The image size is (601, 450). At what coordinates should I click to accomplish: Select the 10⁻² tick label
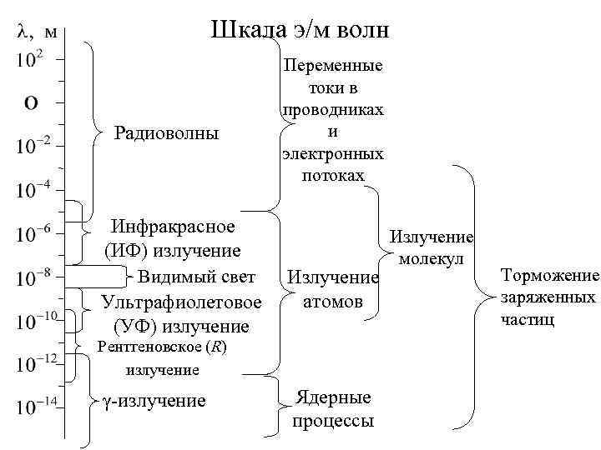point(35,145)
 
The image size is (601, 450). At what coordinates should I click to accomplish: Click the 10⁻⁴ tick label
point(35,191)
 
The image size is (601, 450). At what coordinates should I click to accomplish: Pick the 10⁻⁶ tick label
point(35,234)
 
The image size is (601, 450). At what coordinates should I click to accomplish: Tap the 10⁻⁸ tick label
point(35,274)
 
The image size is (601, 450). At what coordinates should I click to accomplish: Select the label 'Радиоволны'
point(166,133)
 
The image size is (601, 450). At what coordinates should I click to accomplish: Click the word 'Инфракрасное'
point(174,227)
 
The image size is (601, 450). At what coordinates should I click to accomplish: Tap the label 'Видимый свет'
point(196,276)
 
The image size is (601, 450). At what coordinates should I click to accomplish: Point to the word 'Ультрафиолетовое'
point(180,301)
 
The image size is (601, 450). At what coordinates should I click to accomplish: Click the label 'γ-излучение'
point(154,402)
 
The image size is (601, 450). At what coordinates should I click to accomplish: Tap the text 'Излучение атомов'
point(333,288)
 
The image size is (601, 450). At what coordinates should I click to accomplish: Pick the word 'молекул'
point(431,258)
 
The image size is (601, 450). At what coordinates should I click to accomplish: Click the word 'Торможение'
point(550,277)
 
